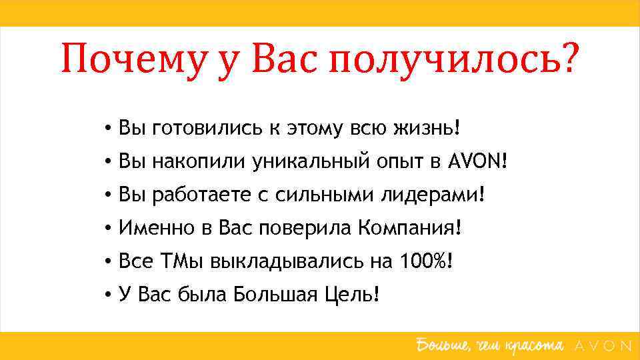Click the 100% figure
(424, 261)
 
